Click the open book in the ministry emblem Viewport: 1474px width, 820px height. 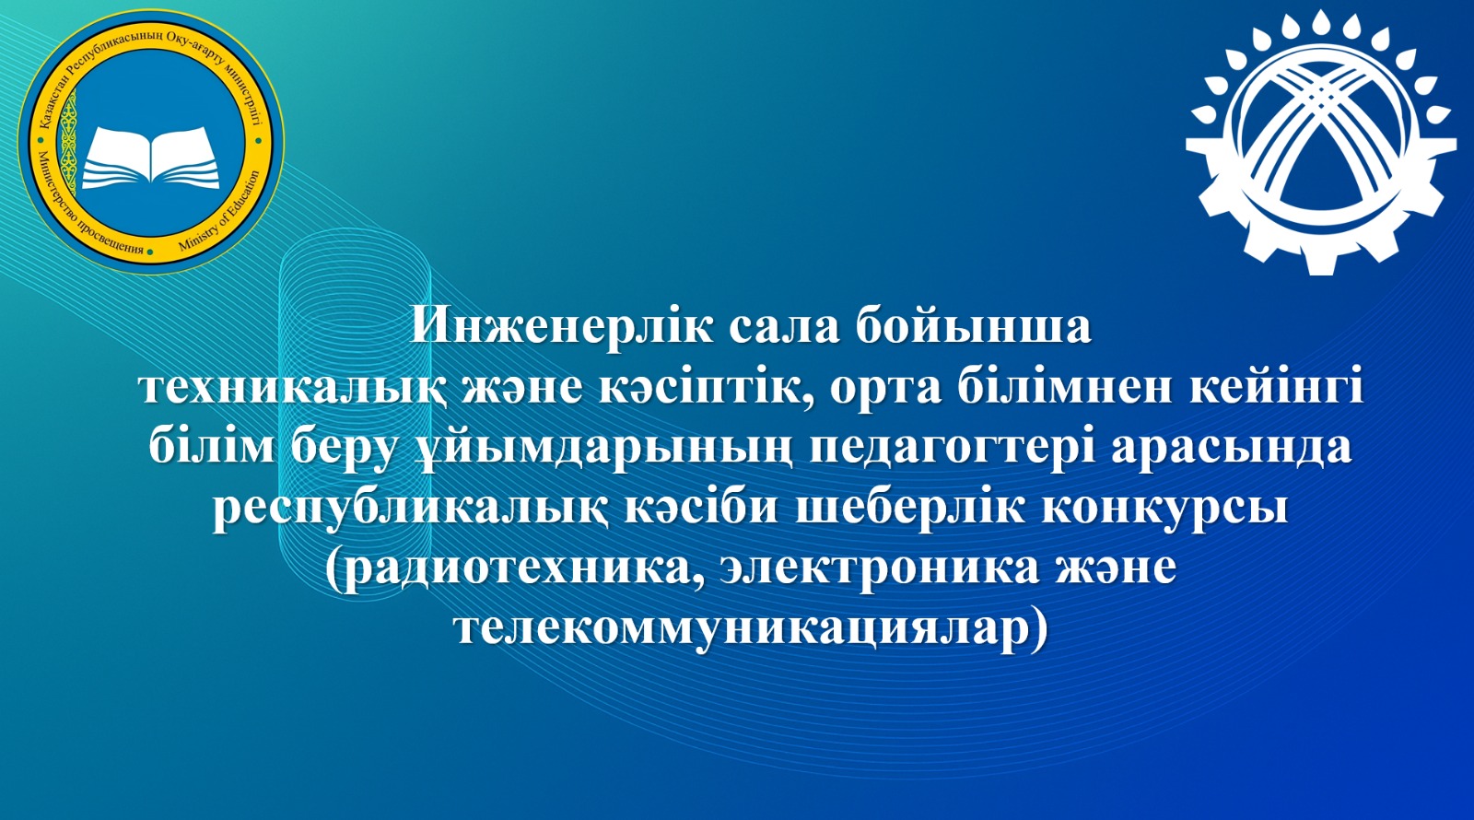151,158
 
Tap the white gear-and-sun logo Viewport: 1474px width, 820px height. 1321,143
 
